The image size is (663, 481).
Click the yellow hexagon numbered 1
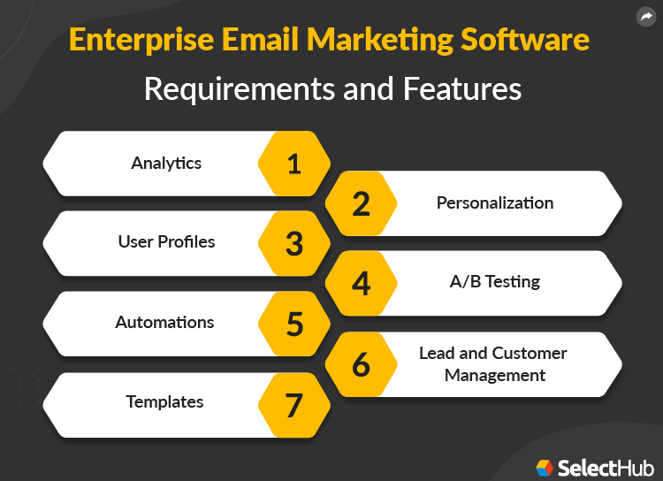(x=294, y=164)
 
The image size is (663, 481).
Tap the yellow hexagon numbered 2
(x=361, y=203)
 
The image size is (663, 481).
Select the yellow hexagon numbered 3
(x=294, y=243)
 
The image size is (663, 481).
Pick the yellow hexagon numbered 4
(x=361, y=283)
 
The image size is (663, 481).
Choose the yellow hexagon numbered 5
(x=294, y=324)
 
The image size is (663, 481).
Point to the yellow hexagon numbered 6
(x=361, y=364)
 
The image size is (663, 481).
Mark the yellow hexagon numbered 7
(x=294, y=404)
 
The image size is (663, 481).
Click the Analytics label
(x=166, y=163)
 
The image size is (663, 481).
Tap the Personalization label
(x=495, y=202)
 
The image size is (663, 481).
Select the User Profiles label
(x=166, y=241)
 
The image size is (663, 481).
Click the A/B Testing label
(x=494, y=282)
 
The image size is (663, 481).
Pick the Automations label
(x=164, y=322)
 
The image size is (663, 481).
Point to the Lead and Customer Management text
(x=494, y=363)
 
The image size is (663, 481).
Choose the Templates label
(x=164, y=401)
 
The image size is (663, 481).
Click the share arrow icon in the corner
(x=644, y=16)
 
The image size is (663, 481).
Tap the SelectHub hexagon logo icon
(x=545, y=466)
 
